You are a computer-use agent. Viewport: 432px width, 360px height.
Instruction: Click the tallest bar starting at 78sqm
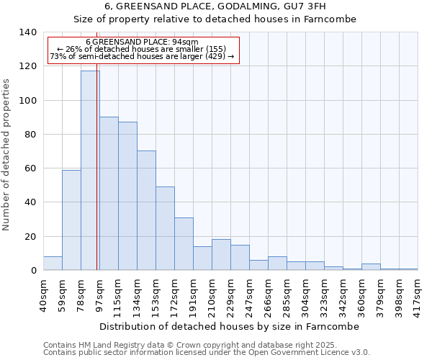pos(90,171)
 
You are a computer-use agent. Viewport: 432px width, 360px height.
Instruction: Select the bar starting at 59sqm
pos(71,220)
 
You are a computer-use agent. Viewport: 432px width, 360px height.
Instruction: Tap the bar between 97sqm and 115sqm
pos(109,194)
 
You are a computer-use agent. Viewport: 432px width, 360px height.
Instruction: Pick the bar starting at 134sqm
pos(146,210)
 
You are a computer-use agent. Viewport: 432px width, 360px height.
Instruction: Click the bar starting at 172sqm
pos(184,243)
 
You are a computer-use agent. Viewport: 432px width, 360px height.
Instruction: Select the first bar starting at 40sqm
pos(53,264)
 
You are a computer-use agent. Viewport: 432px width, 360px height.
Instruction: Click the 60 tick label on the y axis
pos(30,168)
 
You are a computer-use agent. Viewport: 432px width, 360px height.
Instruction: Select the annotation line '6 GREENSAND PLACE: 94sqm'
pos(142,42)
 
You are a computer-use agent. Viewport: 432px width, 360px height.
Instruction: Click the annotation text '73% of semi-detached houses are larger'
pos(142,56)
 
